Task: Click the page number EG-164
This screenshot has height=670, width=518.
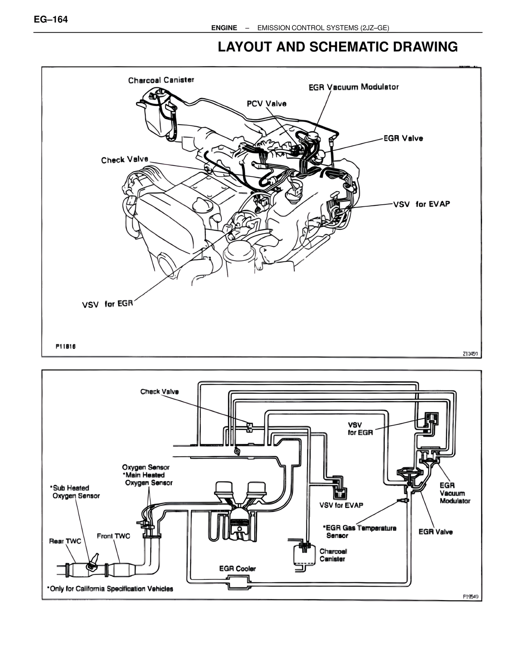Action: pyautogui.click(x=51, y=19)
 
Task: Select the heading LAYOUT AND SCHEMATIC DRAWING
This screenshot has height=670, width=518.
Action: pyautogui.click(x=338, y=47)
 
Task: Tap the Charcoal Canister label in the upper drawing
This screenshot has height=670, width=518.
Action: pyautogui.click(x=161, y=80)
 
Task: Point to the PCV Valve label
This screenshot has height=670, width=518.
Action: pyautogui.click(x=267, y=104)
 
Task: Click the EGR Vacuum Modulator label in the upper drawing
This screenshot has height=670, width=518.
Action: pyautogui.click(x=353, y=87)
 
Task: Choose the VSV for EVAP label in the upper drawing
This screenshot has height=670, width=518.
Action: pyautogui.click(x=421, y=204)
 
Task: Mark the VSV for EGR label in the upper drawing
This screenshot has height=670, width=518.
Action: pyautogui.click(x=108, y=304)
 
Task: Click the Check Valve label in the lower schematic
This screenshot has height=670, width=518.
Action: pyautogui.click(x=159, y=392)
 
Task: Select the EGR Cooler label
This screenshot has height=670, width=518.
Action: pyautogui.click(x=238, y=568)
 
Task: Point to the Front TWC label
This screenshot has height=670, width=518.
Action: pyautogui.click(x=113, y=536)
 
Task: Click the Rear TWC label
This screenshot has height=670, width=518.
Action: pyautogui.click(x=65, y=541)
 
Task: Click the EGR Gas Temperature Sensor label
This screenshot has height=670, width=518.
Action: pyautogui.click(x=361, y=532)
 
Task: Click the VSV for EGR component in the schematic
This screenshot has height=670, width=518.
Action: pyautogui.click(x=431, y=421)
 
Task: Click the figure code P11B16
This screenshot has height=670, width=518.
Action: pyautogui.click(x=66, y=346)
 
